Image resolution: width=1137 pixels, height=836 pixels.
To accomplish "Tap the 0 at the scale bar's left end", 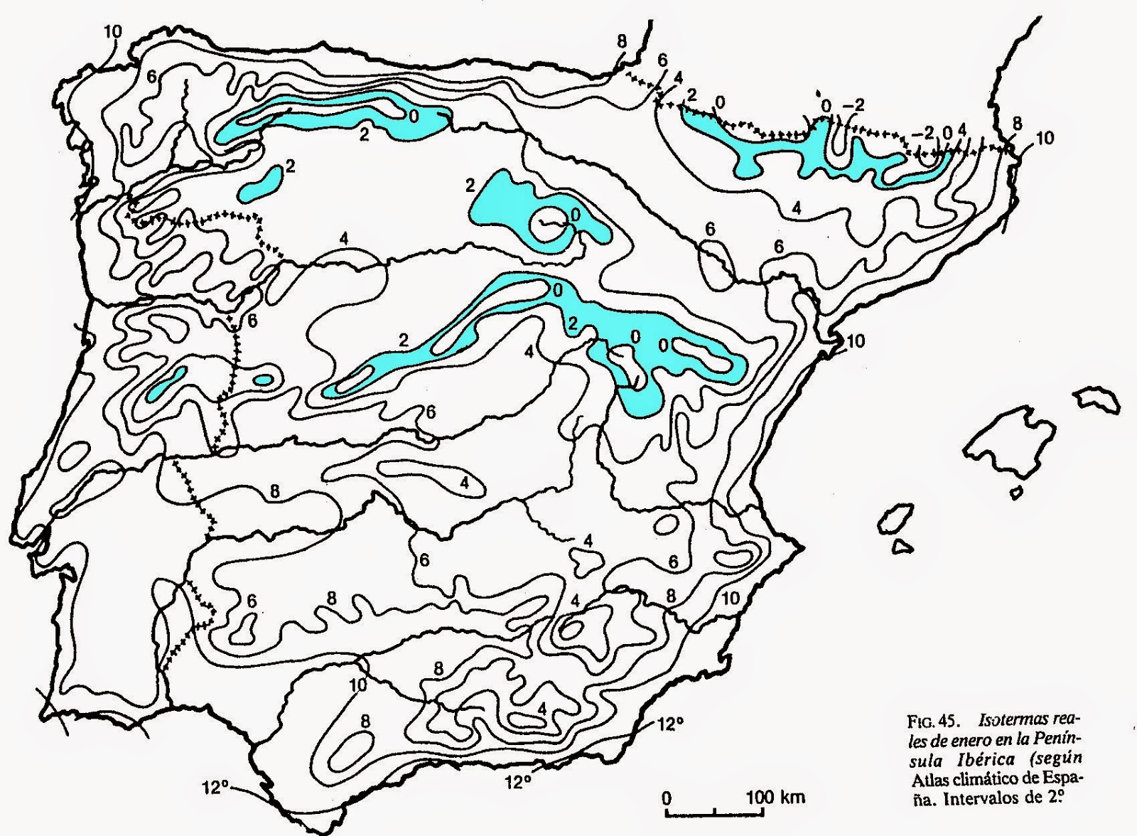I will tap(667, 797).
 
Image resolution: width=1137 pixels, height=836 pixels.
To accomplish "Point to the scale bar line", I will tap(715, 811).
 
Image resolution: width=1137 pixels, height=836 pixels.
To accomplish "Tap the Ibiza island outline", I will tap(897, 521).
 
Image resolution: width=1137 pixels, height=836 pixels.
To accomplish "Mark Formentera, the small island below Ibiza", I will tap(902, 546).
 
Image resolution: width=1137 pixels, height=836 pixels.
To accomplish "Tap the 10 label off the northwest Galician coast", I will tap(112, 31).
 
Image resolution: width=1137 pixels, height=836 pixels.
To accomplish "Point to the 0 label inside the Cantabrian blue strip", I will tap(414, 116).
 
